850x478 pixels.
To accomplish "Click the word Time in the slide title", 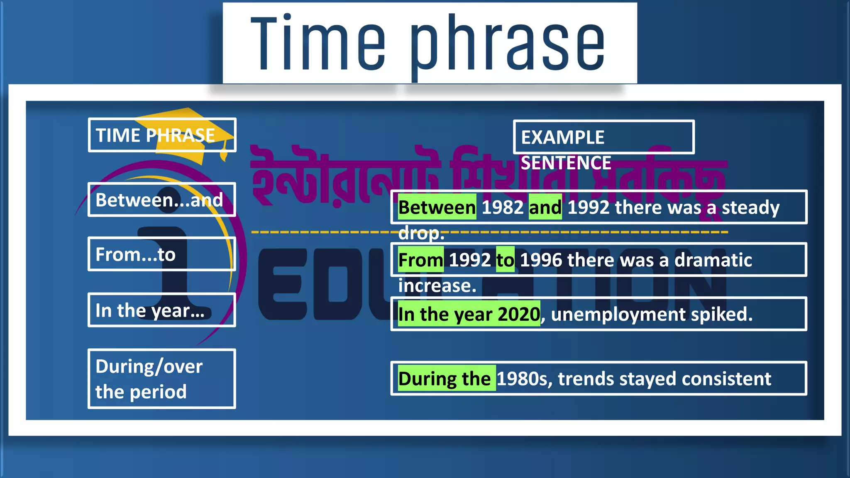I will coord(318,44).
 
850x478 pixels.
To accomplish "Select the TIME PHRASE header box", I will coord(162,135).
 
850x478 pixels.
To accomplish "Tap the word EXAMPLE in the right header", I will coord(562,137).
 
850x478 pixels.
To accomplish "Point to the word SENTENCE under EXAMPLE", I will coord(566,163).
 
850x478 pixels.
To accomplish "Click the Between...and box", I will coord(162,200).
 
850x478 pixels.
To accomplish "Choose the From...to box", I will coord(162,254).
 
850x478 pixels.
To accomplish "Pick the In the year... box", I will coord(162,310).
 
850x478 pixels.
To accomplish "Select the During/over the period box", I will coord(162,379).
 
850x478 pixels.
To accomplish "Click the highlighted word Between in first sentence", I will coord(437,207).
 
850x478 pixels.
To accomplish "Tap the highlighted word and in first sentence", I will coord(545,207).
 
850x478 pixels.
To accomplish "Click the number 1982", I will coord(502,207).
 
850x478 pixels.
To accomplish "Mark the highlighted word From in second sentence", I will coord(420,260).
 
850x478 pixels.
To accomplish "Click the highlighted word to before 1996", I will coord(505,260).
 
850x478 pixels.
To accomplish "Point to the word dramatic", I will coord(713,260).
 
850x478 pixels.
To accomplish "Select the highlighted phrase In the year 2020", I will coord(469,314).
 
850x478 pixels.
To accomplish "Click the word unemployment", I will coord(618,314).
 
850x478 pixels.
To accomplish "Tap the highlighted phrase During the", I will coord(446,378).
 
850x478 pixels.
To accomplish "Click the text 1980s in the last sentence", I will coord(524,378).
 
